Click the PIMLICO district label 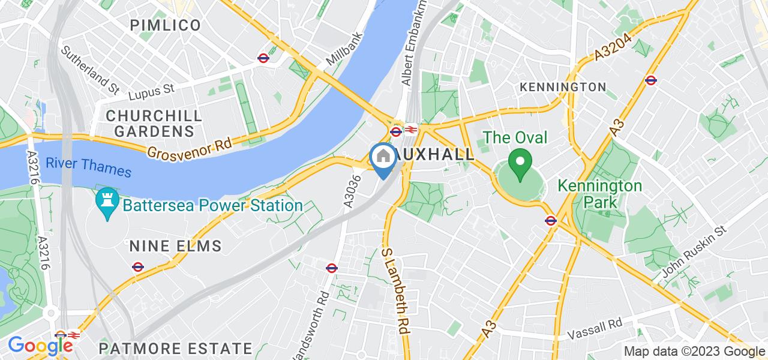click(x=167, y=25)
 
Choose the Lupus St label click(x=151, y=91)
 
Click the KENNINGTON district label click(x=563, y=88)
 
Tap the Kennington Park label click(x=600, y=194)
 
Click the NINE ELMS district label click(x=176, y=246)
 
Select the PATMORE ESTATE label click(x=175, y=348)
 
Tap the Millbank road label click(x=344, y=53)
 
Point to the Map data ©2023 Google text click(x=694, y=352)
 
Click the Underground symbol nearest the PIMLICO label click(x=263, y=58)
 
